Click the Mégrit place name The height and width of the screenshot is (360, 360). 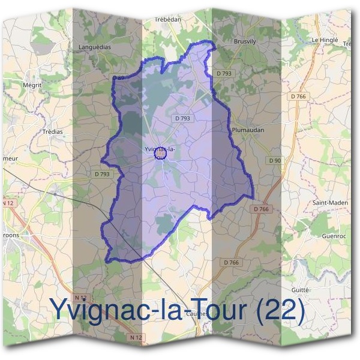pyautogui.click(x=31, y=85)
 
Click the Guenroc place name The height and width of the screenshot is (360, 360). pyautogui.click(x=335, y=235)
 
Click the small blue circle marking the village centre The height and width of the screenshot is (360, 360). pyautogui.click(x=160, y=155)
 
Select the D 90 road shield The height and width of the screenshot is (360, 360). pyautogui.click(x=275, y=160)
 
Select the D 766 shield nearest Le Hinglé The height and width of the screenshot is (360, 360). pyautogui.click(x=298, y=96)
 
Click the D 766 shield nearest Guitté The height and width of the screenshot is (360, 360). pyautogui.click(x=232, y=262)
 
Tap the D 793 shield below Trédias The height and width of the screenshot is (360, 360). pyautogui.click(x=102, y=174)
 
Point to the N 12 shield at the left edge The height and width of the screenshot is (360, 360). pyautogui.click(x=7, y=203)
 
